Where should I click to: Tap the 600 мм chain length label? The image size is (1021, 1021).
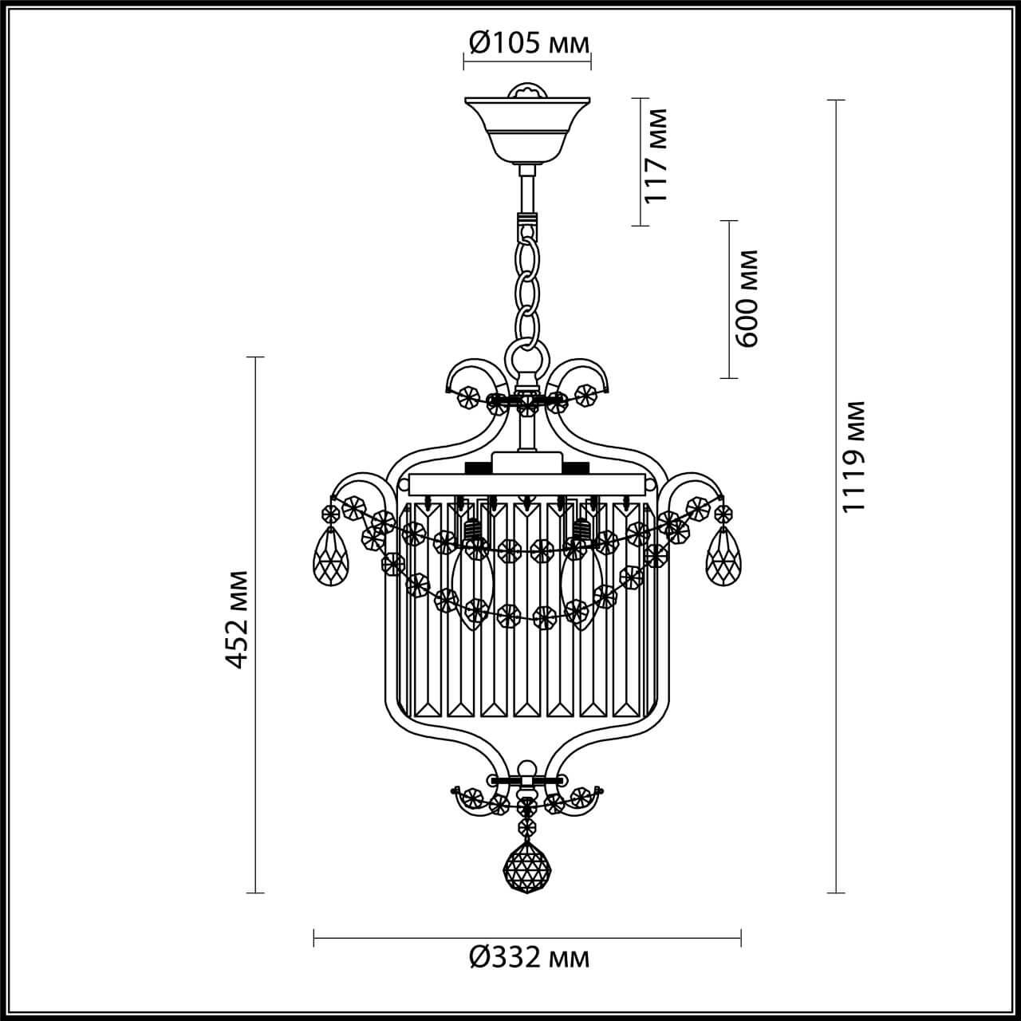[747, 298]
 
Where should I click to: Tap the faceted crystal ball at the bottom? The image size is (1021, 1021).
[526, 868]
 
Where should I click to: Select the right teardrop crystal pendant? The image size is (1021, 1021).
[723, 556]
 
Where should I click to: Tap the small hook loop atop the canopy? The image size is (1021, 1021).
[528, 91]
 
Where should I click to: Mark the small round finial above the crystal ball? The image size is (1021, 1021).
[525, 769]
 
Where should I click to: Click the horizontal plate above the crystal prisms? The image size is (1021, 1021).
[526, 483]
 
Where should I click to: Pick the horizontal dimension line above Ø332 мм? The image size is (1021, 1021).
[528, 938]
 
